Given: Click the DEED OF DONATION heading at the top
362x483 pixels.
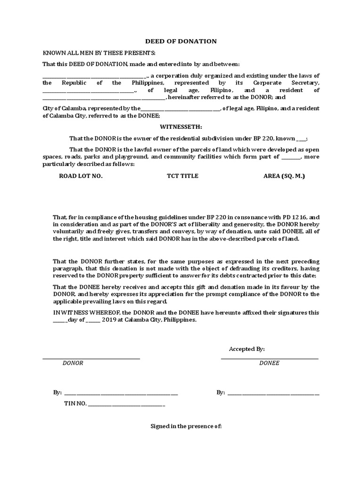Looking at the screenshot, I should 181,42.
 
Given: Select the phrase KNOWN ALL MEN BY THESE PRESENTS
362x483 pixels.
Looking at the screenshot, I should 99,53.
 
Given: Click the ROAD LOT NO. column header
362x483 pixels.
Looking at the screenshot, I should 80,176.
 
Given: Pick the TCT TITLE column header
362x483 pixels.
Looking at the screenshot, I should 182,176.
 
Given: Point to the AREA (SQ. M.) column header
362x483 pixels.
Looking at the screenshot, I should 284,176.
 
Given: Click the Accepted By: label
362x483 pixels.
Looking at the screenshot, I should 247,349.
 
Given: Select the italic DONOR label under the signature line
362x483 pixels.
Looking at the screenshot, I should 73,363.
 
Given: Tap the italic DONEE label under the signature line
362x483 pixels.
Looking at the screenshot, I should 269,363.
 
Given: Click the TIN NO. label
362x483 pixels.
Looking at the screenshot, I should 75,404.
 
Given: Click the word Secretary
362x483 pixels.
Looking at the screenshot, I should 305,83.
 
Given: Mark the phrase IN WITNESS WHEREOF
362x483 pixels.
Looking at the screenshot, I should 74,312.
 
